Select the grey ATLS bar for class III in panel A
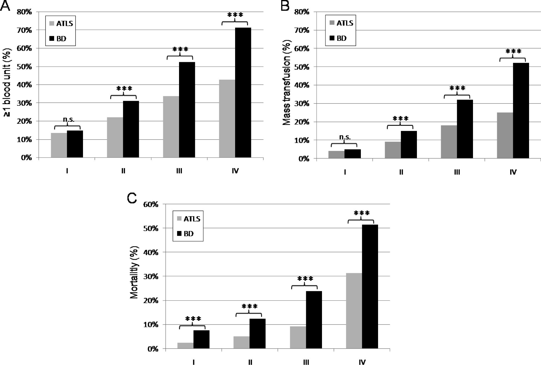pyautogui.click(x=171, y=127)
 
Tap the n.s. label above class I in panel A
pyautogui.click(x=68, y=120)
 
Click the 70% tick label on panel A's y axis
pyautogui.click(x=25, y=30)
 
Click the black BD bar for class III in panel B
pyautogui.click(x=465, y=129)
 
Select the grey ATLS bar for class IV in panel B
pyautogui.click(x=505, y=135)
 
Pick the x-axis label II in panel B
pyautogui.click(x=401, y=172)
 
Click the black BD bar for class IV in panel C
pyautogui.click(x=370, y=286)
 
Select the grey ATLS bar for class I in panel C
pyautogui.click(x=185, y=346)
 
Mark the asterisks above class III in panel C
pyautogui.click(x=305, y=279)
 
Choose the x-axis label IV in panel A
pyautogui.click(x=235, y=171)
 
